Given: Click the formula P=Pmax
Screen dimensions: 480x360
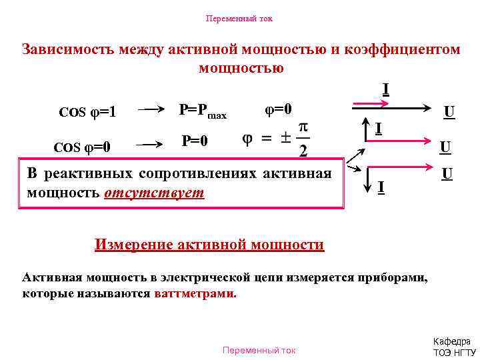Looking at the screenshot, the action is point(203,111).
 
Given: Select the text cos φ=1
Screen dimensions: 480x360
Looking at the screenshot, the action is point(87,112).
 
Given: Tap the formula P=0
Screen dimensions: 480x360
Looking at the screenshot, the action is point(195,141).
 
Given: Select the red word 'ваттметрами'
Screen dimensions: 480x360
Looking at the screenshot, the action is point(195,293).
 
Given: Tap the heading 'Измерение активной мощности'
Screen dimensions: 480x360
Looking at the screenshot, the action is point(209,245).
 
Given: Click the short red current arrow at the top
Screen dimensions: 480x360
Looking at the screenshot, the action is point(370,104).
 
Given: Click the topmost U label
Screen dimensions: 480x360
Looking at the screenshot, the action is point(450,111).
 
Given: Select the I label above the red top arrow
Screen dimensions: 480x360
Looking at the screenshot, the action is point(386,89).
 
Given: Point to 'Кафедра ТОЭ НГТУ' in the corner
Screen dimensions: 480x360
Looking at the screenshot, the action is point(455,346).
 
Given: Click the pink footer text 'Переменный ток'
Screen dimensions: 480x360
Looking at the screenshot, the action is point(259,350).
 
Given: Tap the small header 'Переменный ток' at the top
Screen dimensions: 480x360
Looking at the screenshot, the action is point(239,19).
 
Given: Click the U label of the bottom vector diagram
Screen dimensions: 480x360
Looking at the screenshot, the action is point(447,174).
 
